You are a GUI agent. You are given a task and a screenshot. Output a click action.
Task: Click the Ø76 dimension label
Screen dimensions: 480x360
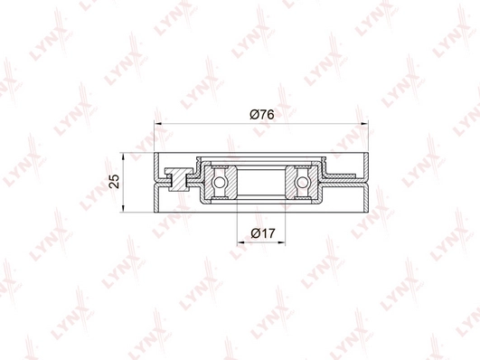pyautogui.click(x=262, y=114)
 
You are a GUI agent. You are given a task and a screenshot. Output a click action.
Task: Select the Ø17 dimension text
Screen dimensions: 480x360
pyautogui.click(x=263, y=233)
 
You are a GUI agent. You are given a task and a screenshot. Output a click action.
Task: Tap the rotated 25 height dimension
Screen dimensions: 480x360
pyautogui.click(x=114, y=181)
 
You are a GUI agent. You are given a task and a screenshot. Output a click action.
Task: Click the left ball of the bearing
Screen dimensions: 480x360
pyautogui.click(x=219, y=182)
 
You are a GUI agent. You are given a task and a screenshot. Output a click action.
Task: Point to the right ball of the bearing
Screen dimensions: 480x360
pyautogui.click(x=302, y=182)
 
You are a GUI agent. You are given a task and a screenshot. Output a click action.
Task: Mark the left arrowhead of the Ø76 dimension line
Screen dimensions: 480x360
pyautogui.click(x=158, y=124)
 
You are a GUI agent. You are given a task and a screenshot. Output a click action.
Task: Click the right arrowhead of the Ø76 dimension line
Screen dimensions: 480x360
pyautogui.click(x=364, y=124)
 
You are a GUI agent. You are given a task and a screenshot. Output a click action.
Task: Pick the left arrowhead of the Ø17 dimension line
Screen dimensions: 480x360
pyautogui.click(x=241, y=243)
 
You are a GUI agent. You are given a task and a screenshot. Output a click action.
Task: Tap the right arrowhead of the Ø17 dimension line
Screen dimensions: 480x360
pyautogui.click(x=281, y=243)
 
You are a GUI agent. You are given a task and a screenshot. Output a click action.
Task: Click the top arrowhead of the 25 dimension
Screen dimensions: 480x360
pyautogui.click(x=123, y=156)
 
